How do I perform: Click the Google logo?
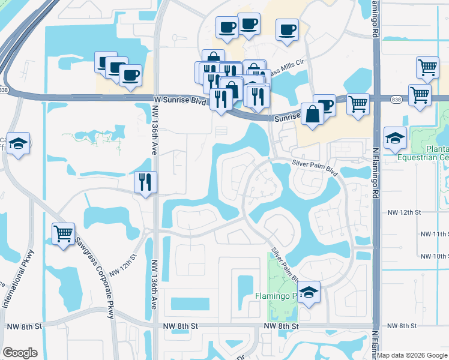(x=20, y=352)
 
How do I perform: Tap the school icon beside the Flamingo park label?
(x=309, y=292)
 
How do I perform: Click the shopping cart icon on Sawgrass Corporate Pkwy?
(x=64, y=233)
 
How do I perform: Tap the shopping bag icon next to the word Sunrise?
(x=313, y=114)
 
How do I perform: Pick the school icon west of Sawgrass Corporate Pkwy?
(x=19, y=143)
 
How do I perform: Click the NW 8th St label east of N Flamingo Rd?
(x=402, y=326)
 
